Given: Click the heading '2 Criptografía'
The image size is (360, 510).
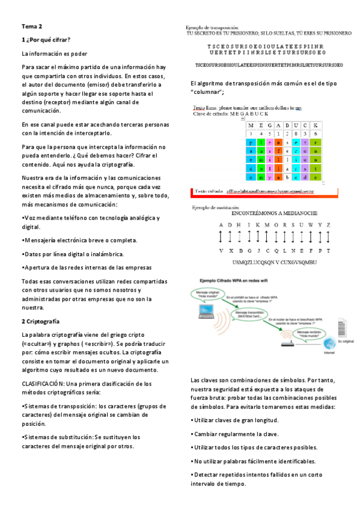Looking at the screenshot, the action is pyautogui.click(x=40, y=321).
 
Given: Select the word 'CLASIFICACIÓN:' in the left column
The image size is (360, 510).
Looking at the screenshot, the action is pyautogui.click(x=43, y=383).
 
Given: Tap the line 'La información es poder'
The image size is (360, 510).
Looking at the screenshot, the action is pyautogui.click(x=55, y=54).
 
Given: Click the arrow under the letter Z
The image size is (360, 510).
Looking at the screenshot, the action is pyautogui.click(x=328, y=237).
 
